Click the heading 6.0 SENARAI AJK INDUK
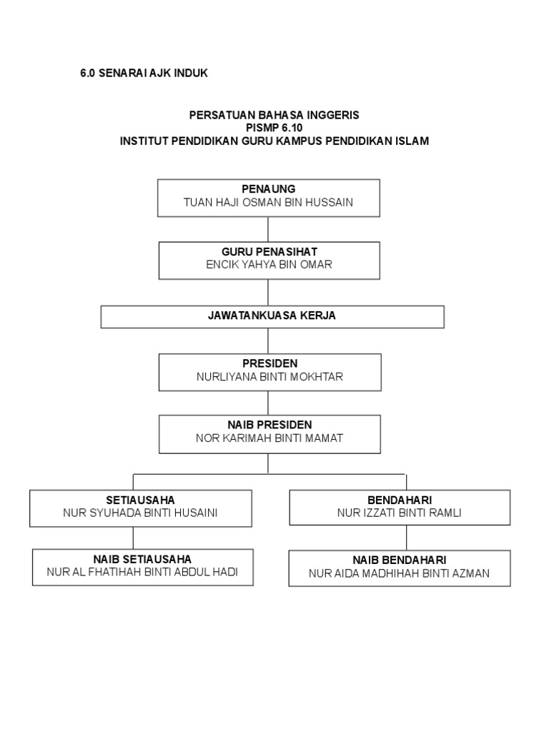(x=144, y=74)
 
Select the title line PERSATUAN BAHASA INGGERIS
(x=274, y=115)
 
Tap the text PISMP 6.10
(x=274, y=128)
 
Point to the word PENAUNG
(x=268, y=189)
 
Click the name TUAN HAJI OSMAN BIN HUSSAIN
(x=268, y=203)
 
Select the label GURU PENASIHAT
(x=268, y=251)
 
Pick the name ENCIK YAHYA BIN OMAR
(x=268, y=265)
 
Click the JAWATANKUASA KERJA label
(x=272, y=316)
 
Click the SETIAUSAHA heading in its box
(x=140, y=499)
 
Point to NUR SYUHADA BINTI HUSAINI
(x=140, y=513)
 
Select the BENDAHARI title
(x=400, y=499)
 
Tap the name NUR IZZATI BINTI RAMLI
(x=400, y=513)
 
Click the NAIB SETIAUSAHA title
(x=142, y=558)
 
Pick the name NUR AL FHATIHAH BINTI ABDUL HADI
(x=142, y=572)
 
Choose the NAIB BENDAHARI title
(x=400, y=560)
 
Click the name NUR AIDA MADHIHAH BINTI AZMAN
(x=400, y=573)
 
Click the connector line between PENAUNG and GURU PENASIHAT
(x=268, y=228)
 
